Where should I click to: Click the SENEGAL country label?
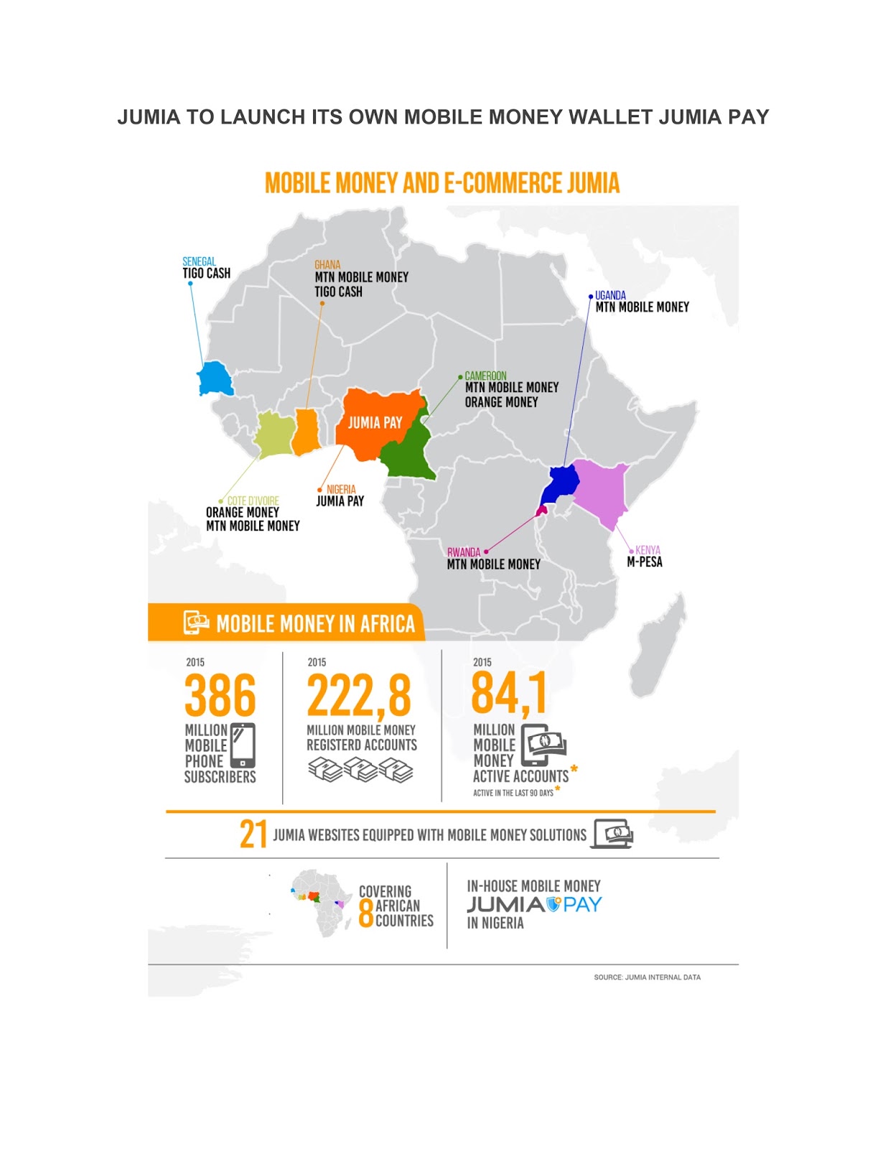tap(199, 261)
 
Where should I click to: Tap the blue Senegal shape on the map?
tap(214, 378)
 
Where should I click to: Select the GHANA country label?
tap(327, 265)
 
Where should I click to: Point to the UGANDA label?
tap(610, 295)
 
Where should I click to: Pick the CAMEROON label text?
tap(485, 376)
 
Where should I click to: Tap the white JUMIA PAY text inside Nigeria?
tap(375, 423)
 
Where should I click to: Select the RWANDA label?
tap(463, 552)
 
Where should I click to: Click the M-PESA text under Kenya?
tap(645, 562)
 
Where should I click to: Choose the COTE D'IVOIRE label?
tap(253, 501)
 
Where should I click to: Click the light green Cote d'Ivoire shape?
tap(274, 435)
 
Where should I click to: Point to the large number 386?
tap(220, 695)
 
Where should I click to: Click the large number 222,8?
tap(359, 695)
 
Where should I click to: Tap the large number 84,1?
tap(509, 693)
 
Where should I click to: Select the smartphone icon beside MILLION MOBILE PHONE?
tap(243, 745)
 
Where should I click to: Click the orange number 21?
tap(253, 834)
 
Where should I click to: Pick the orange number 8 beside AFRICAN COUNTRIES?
tap(365, 913)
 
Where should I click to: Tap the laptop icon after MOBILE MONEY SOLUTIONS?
tap(612, 834)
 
